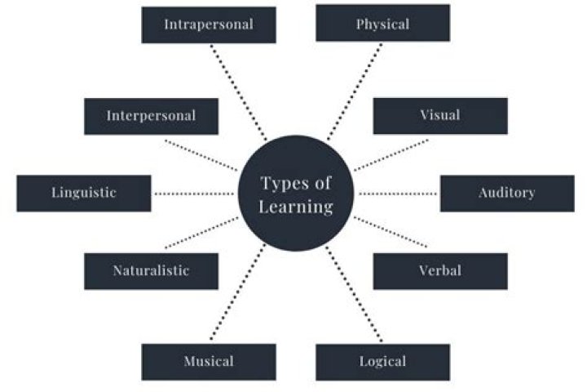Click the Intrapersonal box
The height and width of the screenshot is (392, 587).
tap(209, 25)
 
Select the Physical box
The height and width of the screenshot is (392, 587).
tap(382, 23)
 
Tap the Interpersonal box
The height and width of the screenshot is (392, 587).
tap(151, 116)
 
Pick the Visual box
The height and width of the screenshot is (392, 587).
tap(440, 116)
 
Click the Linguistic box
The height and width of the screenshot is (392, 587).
tap(84, 194)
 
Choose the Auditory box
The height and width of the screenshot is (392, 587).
tap(507, 194)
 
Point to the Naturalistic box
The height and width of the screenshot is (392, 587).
tap(151, 271)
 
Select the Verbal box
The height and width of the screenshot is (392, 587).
tap(440, 271)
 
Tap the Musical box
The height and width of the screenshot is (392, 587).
tap(209, 362)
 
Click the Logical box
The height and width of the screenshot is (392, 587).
tap(382, 363)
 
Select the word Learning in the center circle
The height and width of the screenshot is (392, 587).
tap(296, 207)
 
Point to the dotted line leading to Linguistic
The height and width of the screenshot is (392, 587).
tap(194, 194)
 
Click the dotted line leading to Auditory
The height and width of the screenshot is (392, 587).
tap(398, 194)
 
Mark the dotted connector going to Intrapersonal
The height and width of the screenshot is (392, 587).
tap(238, 92)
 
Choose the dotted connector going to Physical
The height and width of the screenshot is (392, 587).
tap(355, 92)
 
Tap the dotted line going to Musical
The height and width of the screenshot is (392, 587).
tap(238, 292)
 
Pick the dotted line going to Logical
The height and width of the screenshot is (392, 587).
tap(354, 294)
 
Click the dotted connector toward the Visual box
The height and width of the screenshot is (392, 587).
tap(391, 155)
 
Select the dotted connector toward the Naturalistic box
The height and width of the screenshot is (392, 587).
tap(202, 233)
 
